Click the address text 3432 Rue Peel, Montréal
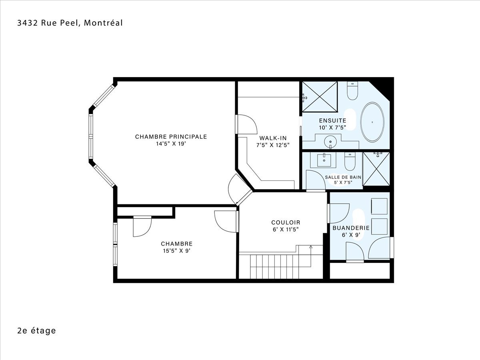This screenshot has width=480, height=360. coord(70,23)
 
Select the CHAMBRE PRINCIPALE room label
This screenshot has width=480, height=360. coord(171,137)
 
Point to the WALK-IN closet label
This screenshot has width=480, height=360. coord(273,138)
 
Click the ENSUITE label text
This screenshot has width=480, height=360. coord(333,120)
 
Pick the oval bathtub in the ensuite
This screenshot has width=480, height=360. coord(372,122)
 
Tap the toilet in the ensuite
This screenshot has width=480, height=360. coord(352,90)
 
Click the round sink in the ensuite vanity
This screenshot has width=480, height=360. coord(330,142)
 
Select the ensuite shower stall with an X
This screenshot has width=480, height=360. coord(320,97)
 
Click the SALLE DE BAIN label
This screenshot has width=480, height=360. coord(343,177)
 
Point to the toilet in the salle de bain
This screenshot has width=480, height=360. coord(350,161)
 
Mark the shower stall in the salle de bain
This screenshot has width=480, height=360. coord(376,169)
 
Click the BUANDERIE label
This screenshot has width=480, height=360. coord(351,228)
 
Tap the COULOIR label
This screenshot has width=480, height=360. coord(286,222)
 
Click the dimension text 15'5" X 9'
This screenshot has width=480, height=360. coord(177,251)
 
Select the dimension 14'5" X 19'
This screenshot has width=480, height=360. coord(171,144)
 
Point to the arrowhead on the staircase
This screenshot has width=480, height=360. coord(311,247)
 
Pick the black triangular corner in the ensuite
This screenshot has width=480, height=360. coord(383,88)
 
